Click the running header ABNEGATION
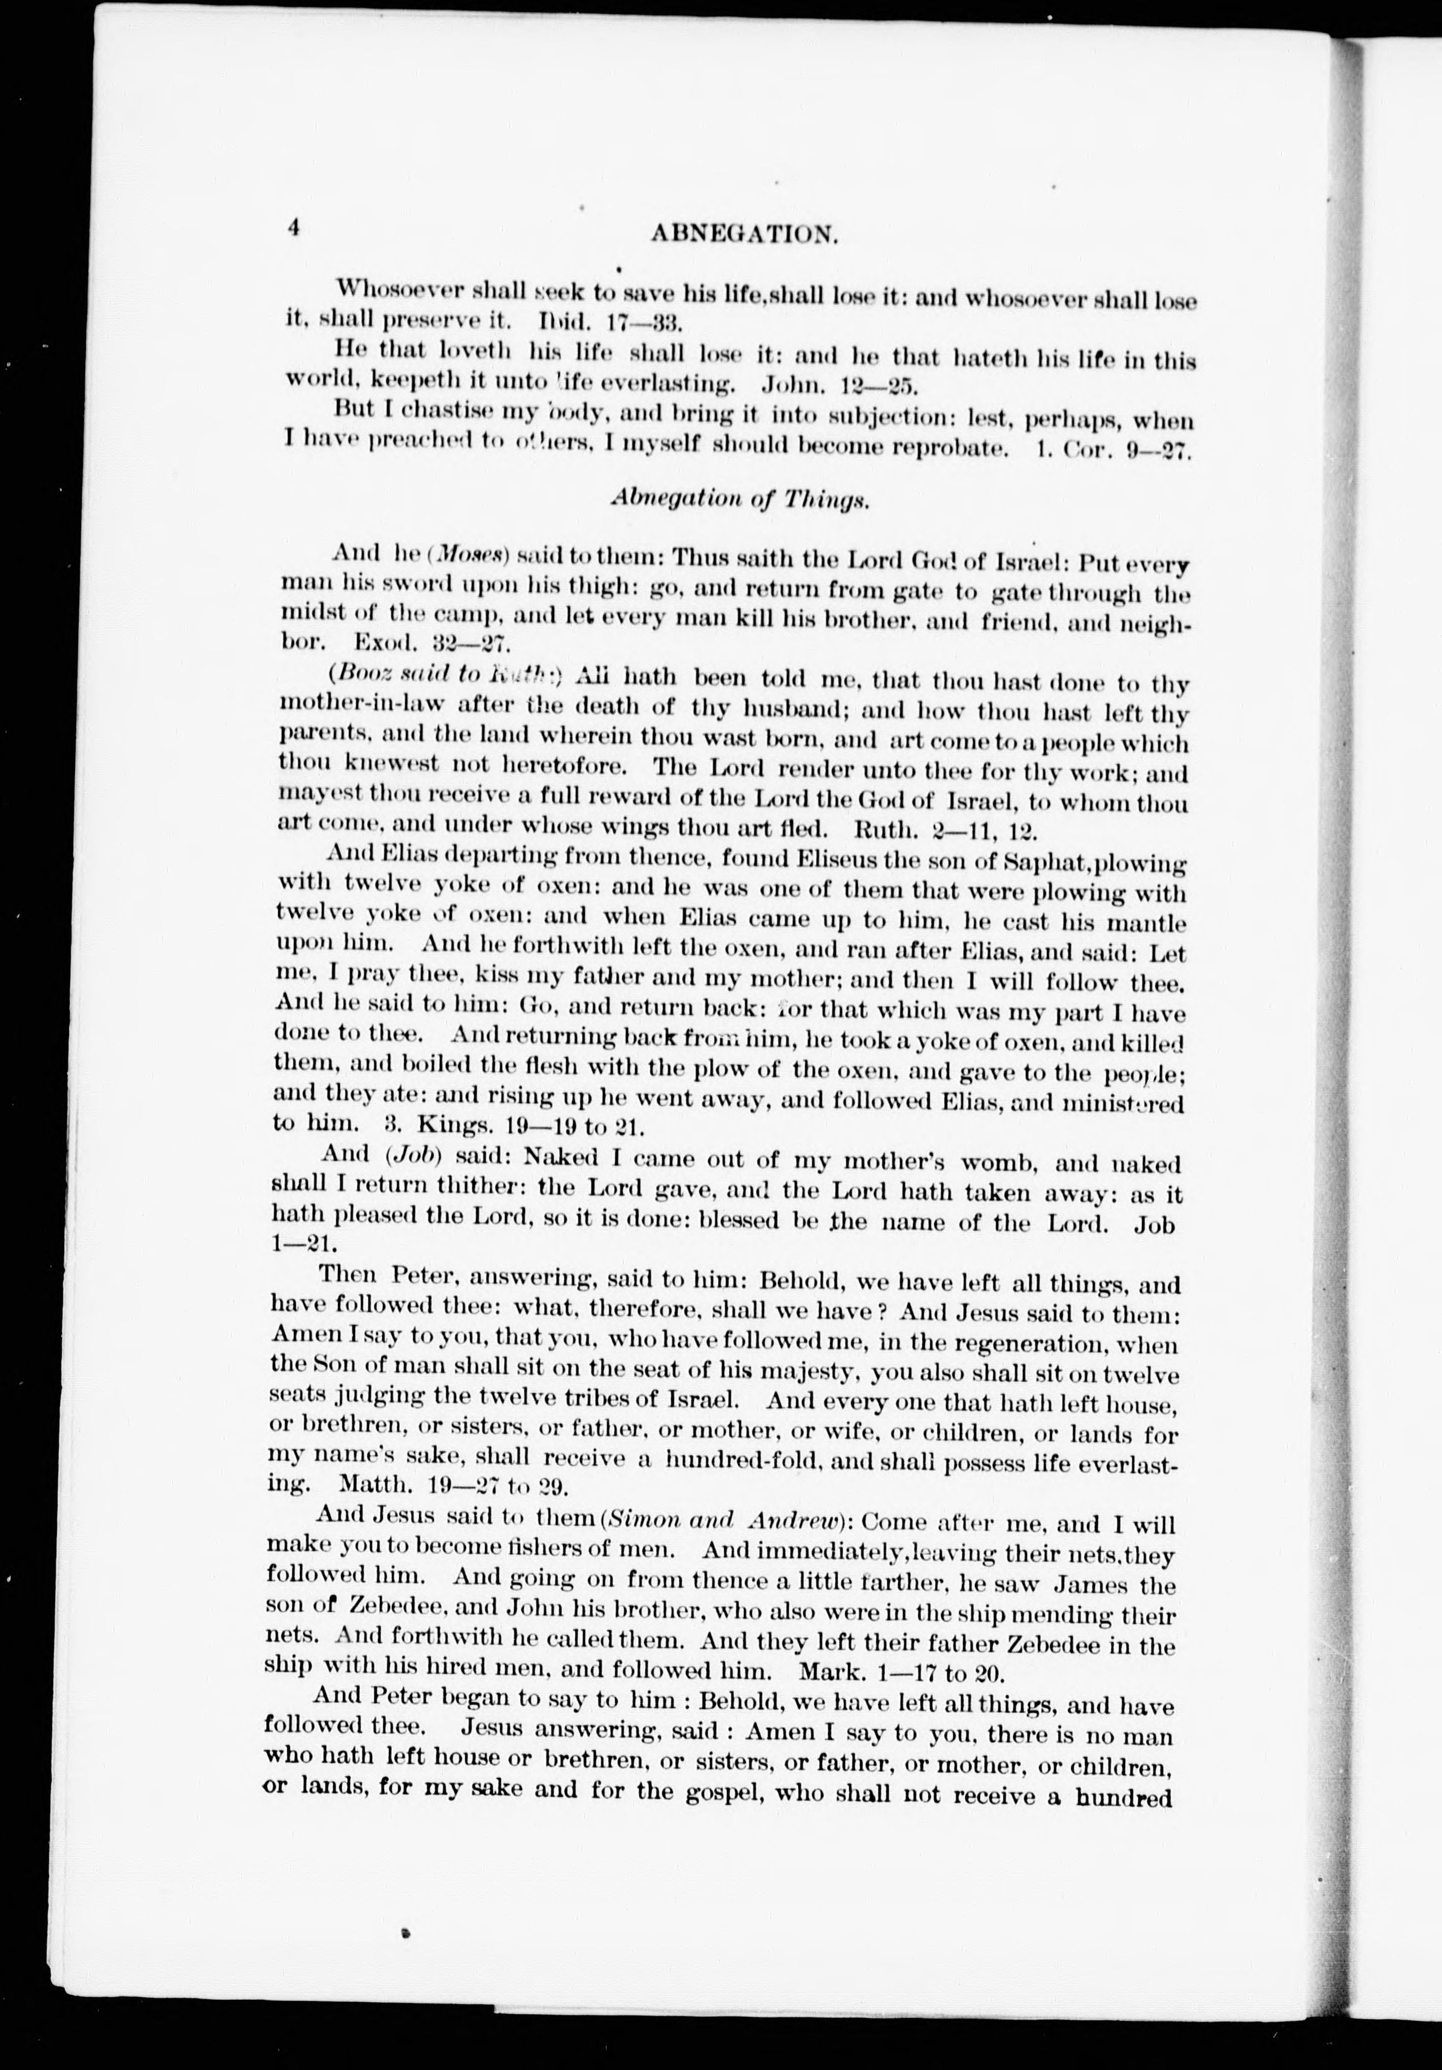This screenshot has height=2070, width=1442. pos(745,235)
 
